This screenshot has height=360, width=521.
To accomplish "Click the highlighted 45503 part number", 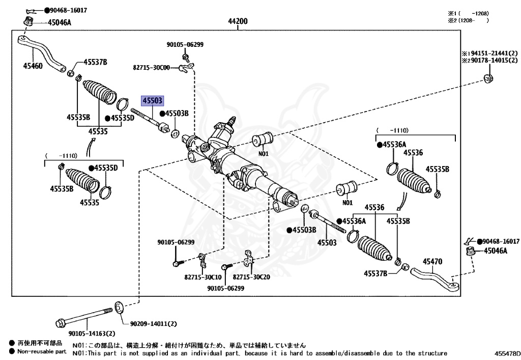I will point(153,101).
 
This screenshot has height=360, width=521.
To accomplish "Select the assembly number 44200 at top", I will point(238,21).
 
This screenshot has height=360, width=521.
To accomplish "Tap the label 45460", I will point(33,65).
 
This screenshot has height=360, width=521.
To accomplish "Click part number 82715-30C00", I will point(152,67).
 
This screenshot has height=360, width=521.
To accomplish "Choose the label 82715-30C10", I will point(203,277).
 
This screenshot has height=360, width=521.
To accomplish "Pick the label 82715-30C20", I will point(252,277).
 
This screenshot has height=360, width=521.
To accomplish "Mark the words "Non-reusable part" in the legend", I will point(42,351).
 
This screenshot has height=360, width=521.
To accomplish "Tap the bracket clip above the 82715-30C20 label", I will point(249,259).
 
